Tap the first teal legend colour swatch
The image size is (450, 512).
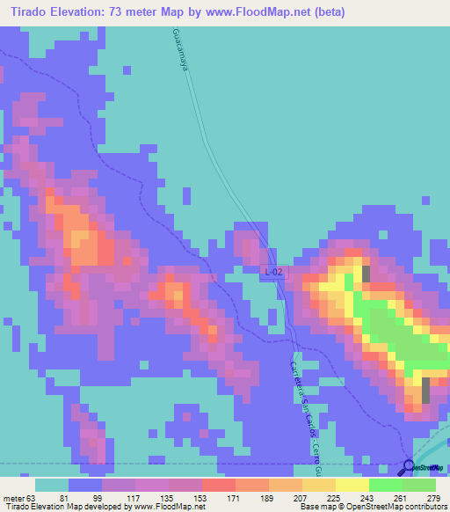tap(52, 485)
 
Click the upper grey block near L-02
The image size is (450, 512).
tap(366, 274)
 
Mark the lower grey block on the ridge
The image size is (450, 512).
tap(426, 389)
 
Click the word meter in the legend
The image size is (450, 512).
tap(16, 497)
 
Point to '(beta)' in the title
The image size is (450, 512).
tap(327, 12)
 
